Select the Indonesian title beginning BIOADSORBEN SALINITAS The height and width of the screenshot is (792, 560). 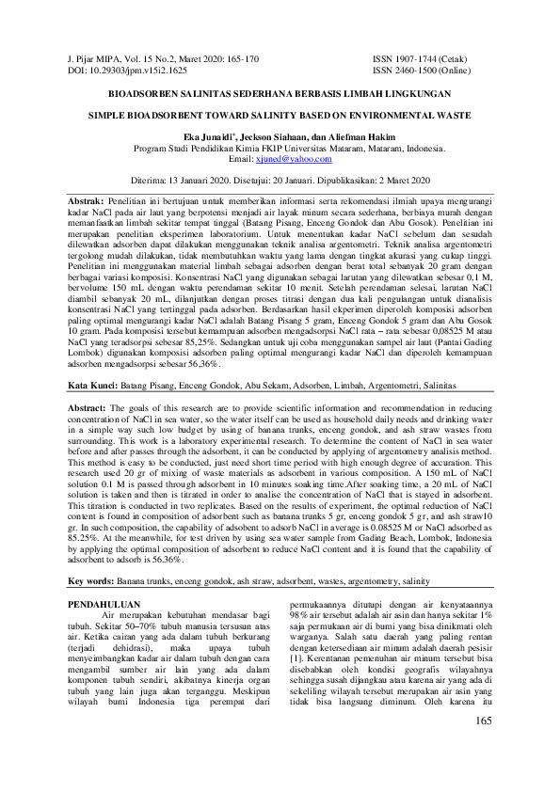[280, 94]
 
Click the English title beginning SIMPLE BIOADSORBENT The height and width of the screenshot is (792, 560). [280, 119]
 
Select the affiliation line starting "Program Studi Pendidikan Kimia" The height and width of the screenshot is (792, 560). [280, 150]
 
